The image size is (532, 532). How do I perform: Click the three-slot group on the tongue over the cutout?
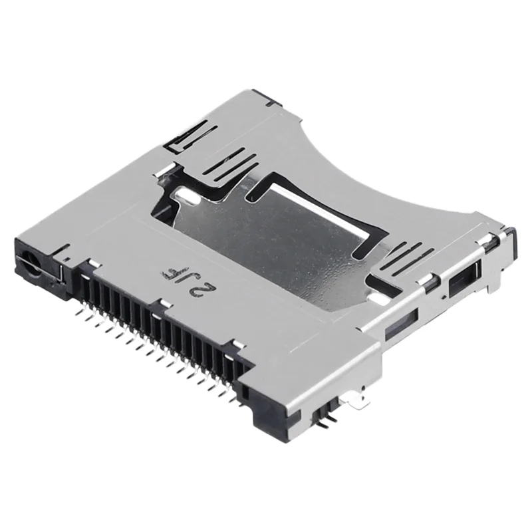tap(230, 164)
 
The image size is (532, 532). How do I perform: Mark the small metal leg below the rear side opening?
tap(489, 285)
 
